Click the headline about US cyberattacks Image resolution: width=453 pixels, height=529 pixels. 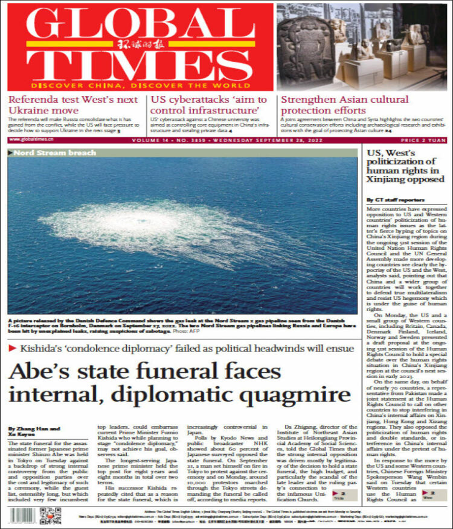tap(209, 105)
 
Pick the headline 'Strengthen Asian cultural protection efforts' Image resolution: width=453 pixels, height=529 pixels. tap(345, 105)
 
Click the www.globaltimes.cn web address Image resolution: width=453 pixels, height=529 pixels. tap(31, 139)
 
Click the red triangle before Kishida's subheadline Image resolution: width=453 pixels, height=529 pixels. tap(12, 348)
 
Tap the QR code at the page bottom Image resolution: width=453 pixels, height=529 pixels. tap(50, 516)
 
